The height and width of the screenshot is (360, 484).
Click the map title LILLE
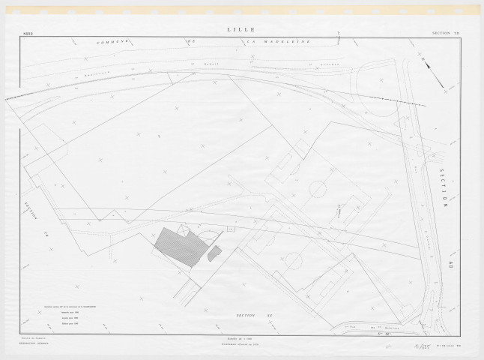(239, 29)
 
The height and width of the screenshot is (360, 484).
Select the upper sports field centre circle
(318, 188)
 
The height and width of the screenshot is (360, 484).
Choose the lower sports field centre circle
(293, 262)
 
